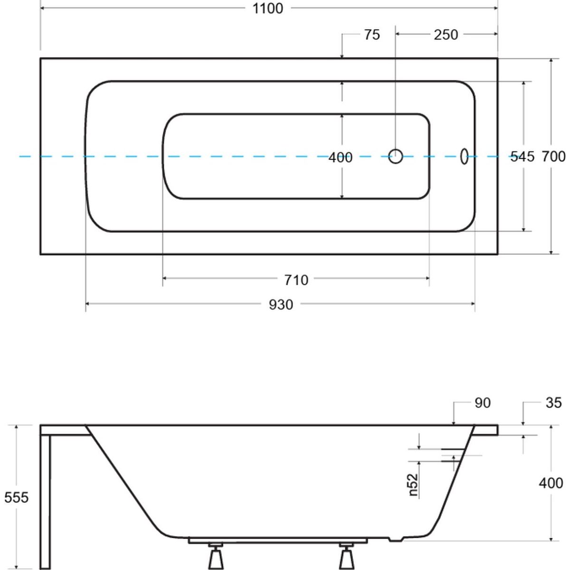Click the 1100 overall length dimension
tap(268, 9)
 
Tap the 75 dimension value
tap(372, 35)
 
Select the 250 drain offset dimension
tap(446, 35)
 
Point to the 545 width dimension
tap(522, 157)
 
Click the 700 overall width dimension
tap(553, 156)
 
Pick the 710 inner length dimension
tap(296, 280)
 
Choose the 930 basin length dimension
tap(281, 304)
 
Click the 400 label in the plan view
tap(341, 157)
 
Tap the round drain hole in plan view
tap(396, 156)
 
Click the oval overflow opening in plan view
tap(464, 156)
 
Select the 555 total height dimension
tap(16, 497)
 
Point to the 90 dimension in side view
tap(483, 403)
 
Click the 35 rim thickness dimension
tap(553, 403)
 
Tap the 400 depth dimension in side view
tap(551, 484)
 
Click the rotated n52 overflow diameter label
tap(413, 485)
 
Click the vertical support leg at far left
tap(46, 502)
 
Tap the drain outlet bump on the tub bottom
tap(396, 539)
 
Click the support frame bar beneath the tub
tap(278, 540)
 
